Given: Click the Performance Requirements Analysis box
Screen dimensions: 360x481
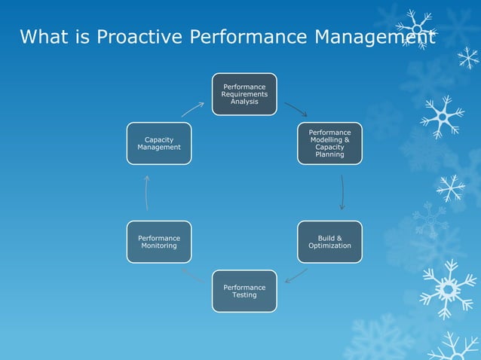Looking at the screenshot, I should click(x=244, y=94).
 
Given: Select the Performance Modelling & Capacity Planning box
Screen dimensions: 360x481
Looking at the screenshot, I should click(x=329, y=143).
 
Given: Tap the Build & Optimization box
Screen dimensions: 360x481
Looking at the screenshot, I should click(x=329, y=242).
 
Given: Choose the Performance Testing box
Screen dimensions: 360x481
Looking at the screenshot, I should click(x=244, y=291).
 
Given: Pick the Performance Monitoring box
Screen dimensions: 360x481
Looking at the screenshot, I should click(x=158, y=242).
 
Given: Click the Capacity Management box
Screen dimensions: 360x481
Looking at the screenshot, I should click(x=158, y=143).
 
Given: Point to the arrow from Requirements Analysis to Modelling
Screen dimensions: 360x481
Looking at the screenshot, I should click(x=295, y=109).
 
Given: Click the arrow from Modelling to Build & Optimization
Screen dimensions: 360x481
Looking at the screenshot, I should click(x=342, y=193).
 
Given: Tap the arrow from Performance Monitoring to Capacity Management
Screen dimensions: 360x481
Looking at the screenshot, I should click(x=148, y=193).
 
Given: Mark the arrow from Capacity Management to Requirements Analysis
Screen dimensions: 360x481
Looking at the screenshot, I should click(x=192, y=109).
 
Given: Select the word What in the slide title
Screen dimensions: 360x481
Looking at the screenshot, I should click(x=41, y=36).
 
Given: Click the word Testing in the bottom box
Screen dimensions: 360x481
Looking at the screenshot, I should click(x=244, y=295).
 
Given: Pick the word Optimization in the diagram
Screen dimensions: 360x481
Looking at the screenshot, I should click(x=329, y=246).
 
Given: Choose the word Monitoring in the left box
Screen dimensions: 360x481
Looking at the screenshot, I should click(x=158, y=246).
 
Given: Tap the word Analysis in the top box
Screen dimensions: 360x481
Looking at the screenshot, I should click(x=244, y=102).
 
